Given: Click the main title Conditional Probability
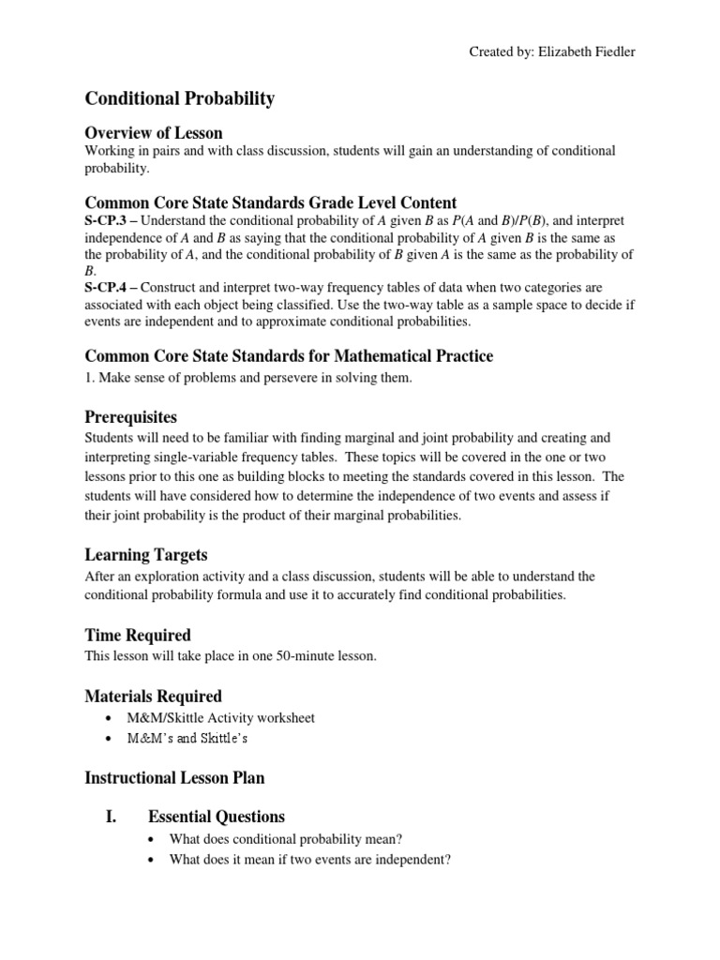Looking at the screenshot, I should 180,97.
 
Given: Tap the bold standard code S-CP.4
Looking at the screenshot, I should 107,287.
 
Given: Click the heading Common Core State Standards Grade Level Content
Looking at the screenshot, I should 271,202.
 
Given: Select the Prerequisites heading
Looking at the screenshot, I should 131,416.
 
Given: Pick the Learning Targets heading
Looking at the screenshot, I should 146,556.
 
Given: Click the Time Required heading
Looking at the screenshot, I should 138,635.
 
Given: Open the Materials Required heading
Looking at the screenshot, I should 154,696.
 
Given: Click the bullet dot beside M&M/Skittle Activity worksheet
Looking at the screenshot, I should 112,718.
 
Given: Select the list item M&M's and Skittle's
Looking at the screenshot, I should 187,739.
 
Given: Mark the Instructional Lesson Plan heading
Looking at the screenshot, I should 174,777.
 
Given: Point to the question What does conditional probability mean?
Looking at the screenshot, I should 286,838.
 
